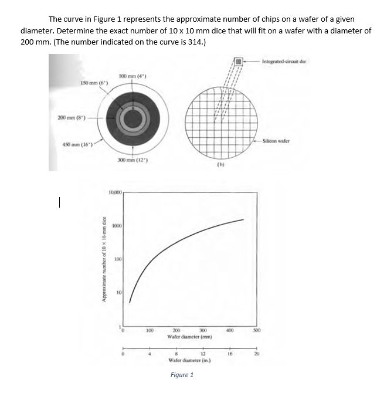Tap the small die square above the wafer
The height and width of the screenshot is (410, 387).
239,60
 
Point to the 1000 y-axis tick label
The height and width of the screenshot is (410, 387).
117,225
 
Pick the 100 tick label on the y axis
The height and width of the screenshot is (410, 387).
118,259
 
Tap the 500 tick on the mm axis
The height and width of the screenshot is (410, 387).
256,330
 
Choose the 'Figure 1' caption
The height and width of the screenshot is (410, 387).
182,375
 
